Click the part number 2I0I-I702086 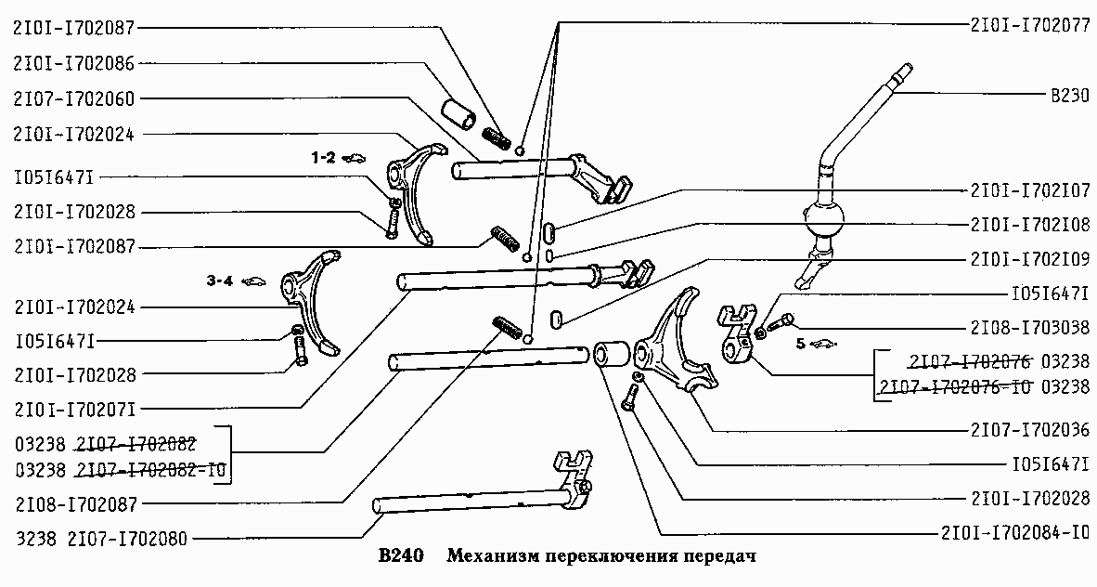click(x=73, y=63)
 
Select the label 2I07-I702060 click(x=73, y=98)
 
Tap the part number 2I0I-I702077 click(x=1029, y=25)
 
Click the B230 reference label click(x=1070, y=96)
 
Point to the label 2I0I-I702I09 click(x=1029, y=259)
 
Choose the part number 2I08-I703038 click(x=1029, y=327)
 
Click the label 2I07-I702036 click(x=1029, y=429)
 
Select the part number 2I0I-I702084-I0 click(x=1015, y=533)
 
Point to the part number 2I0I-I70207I click(x=75, y=409)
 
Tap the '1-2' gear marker click(x=323, y=158)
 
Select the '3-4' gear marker click(x=219, y=281)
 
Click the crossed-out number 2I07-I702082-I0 click(x=152, y=470)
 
